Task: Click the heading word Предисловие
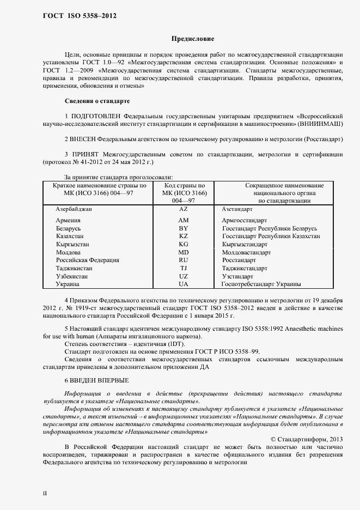pyautogui.click(x=193, y=39)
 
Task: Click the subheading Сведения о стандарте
pyautogui.click(x=97, y=101)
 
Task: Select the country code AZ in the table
pyautogui.click(x=183, y=209)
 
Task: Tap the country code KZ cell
pyautogui.click(x=183, y=236)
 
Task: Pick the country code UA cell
pyautogui.click(x=183, y=284)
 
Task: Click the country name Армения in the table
pyautogui.click(x=68, y=220)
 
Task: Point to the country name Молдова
pyautogui.click(x=69, y=252)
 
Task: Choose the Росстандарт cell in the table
pyautogui.click(x=240, y=260)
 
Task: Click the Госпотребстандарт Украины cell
pyautogui.click(x=261, y=284)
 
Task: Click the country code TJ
pyautogui.click(x=183, y=269)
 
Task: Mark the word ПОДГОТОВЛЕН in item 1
pyautogui.click(x=96, y=117)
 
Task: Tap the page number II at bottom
pyautogui.click(x=45, y=493)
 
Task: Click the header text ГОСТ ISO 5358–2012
pyautogui.click(x=79, y=15)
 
